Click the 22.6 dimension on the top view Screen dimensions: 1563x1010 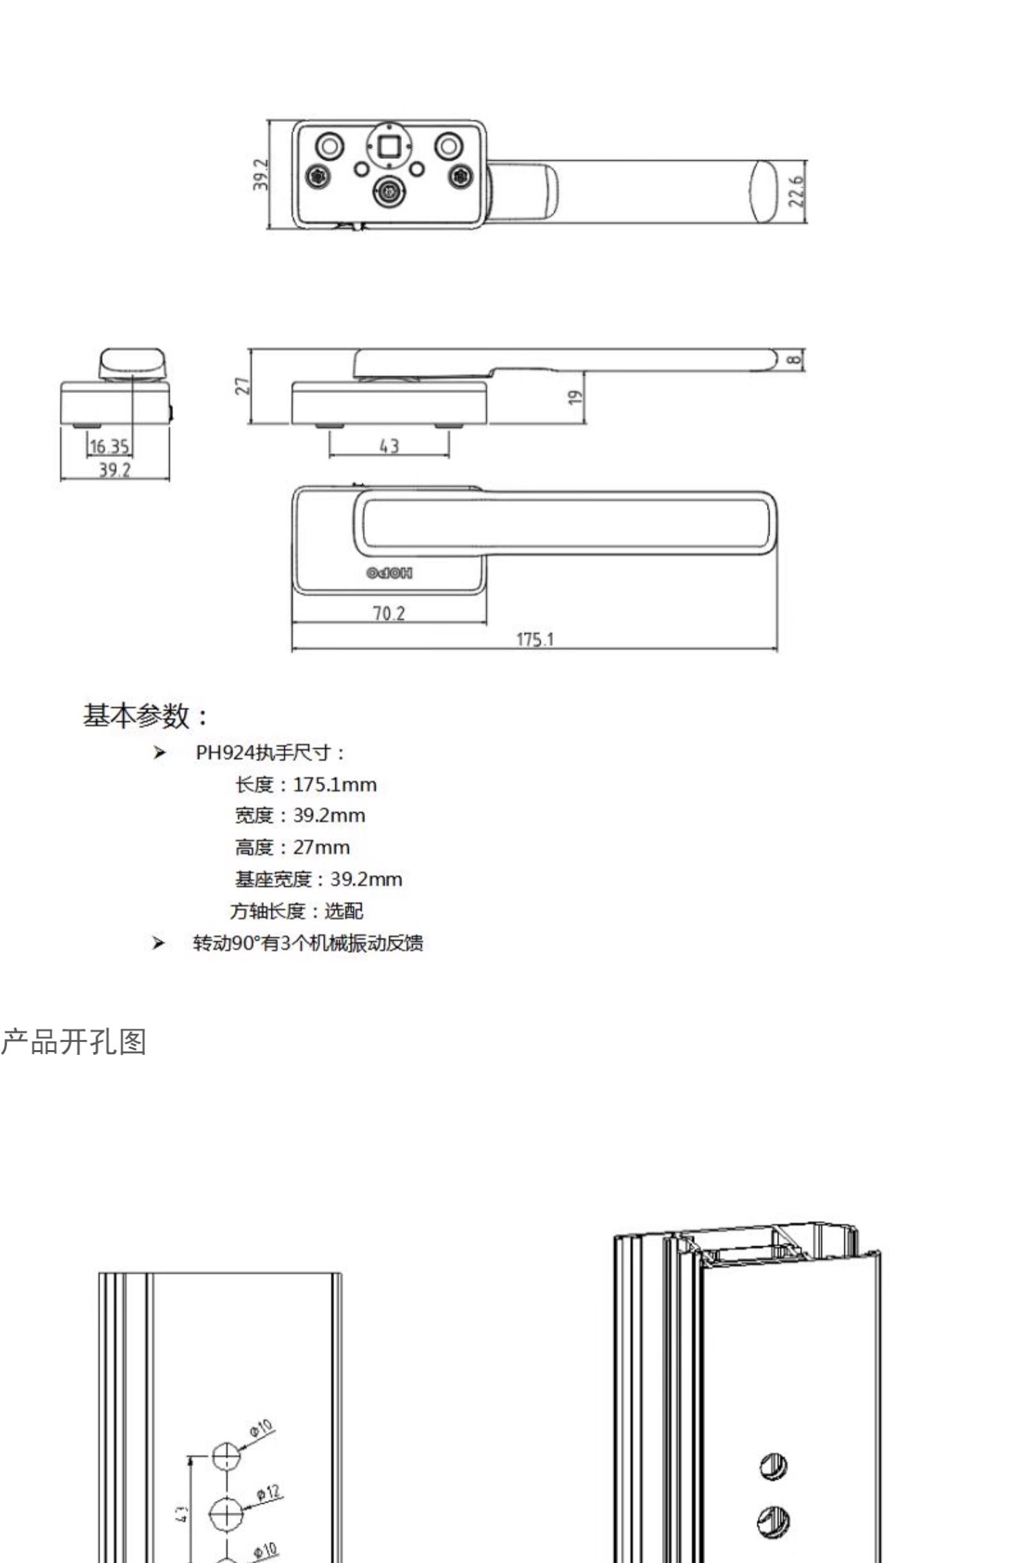[x=797, y=192]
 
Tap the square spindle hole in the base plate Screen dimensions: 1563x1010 [x=389, y=146]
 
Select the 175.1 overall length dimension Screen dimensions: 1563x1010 [x=535, y=639]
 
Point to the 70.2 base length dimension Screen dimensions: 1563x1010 [x=389, y=613]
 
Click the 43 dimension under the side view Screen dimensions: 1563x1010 [x=389, y=446]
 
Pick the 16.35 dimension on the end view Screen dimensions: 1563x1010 [x=110, y=446]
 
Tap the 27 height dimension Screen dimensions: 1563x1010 [x=242, y=386]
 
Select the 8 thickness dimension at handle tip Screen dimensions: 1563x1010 [x=795, y=359]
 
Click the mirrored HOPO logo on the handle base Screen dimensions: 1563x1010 [x=389, y=574]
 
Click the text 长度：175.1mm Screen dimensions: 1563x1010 [x=306, y=785]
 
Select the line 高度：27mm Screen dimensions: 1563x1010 [x=292, y=847]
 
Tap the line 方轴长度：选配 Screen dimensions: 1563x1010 [x=297, y=911]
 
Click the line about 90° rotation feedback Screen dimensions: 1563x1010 [x=308, y=943]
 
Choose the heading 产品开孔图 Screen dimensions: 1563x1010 [x=73, y=1043]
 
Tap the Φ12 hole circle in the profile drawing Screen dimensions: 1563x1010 [x=227, y=1514]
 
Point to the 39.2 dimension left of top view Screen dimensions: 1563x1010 [x=261, y=174]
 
